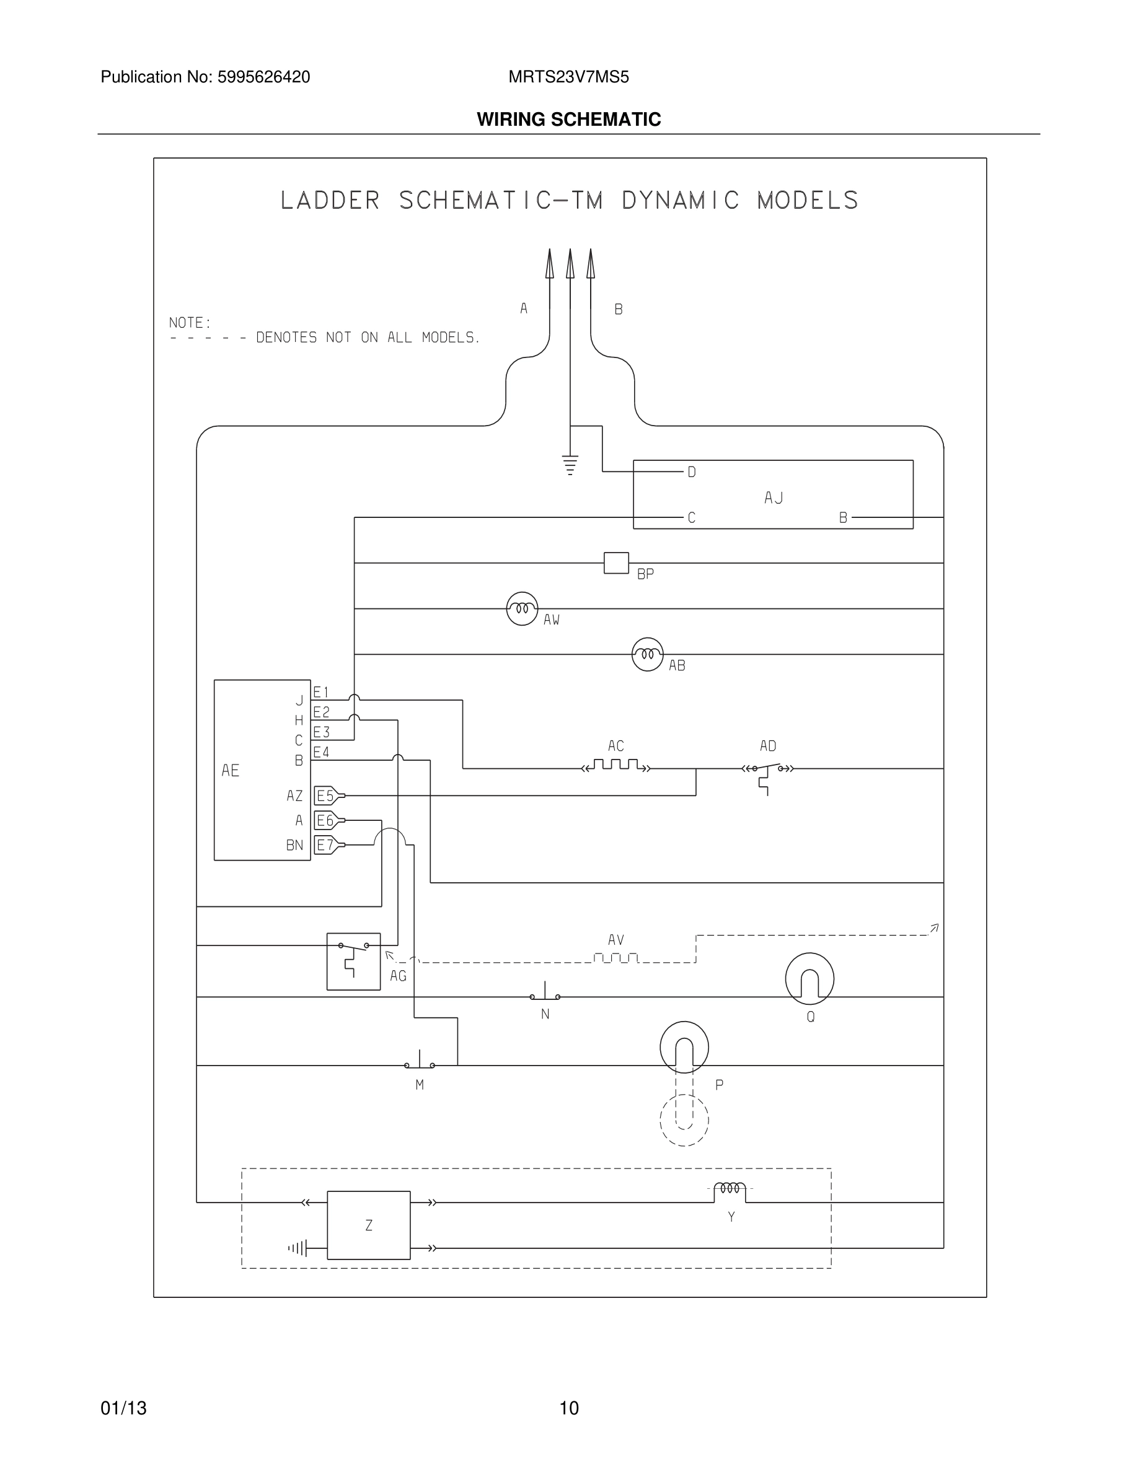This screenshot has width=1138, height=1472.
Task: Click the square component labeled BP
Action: [615, 563]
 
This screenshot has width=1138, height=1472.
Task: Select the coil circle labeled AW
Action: [522, 608]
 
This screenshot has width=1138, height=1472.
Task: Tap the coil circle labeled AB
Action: [647, 654]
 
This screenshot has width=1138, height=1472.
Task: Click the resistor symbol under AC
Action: [615, 766]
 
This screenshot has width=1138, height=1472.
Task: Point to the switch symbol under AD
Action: [767, 769]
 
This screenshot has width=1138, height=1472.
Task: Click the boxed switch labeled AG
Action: [353, 961]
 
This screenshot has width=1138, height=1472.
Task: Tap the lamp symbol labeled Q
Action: [809, 978]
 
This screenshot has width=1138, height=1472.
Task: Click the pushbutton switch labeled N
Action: [544, 995]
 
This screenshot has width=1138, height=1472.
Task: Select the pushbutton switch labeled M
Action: [420, 1064]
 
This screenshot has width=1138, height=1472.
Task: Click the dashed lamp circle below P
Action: [684, 1120]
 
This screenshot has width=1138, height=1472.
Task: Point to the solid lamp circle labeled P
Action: [684, 1047]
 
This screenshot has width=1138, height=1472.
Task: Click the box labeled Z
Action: [368, 1225]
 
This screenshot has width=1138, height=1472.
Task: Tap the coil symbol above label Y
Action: [730, 1188]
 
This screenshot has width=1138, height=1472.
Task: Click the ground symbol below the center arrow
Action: [570, 465]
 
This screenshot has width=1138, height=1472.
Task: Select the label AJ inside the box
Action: [774, 498]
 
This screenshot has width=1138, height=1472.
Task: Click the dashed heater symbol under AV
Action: [615, 958]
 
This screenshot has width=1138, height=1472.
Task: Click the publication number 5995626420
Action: [263, 77]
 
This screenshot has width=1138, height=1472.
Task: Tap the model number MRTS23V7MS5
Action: [568, 77]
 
